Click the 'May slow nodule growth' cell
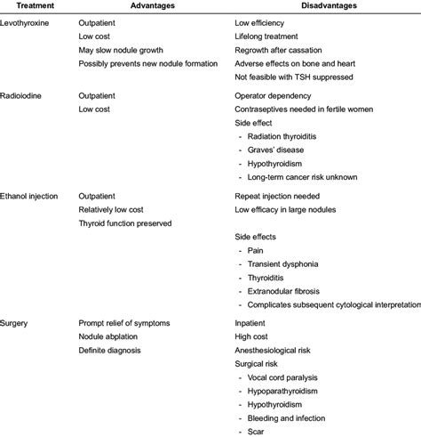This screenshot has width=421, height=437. [x=123, y=50]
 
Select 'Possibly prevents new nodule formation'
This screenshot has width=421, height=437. [x=151, y=64]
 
